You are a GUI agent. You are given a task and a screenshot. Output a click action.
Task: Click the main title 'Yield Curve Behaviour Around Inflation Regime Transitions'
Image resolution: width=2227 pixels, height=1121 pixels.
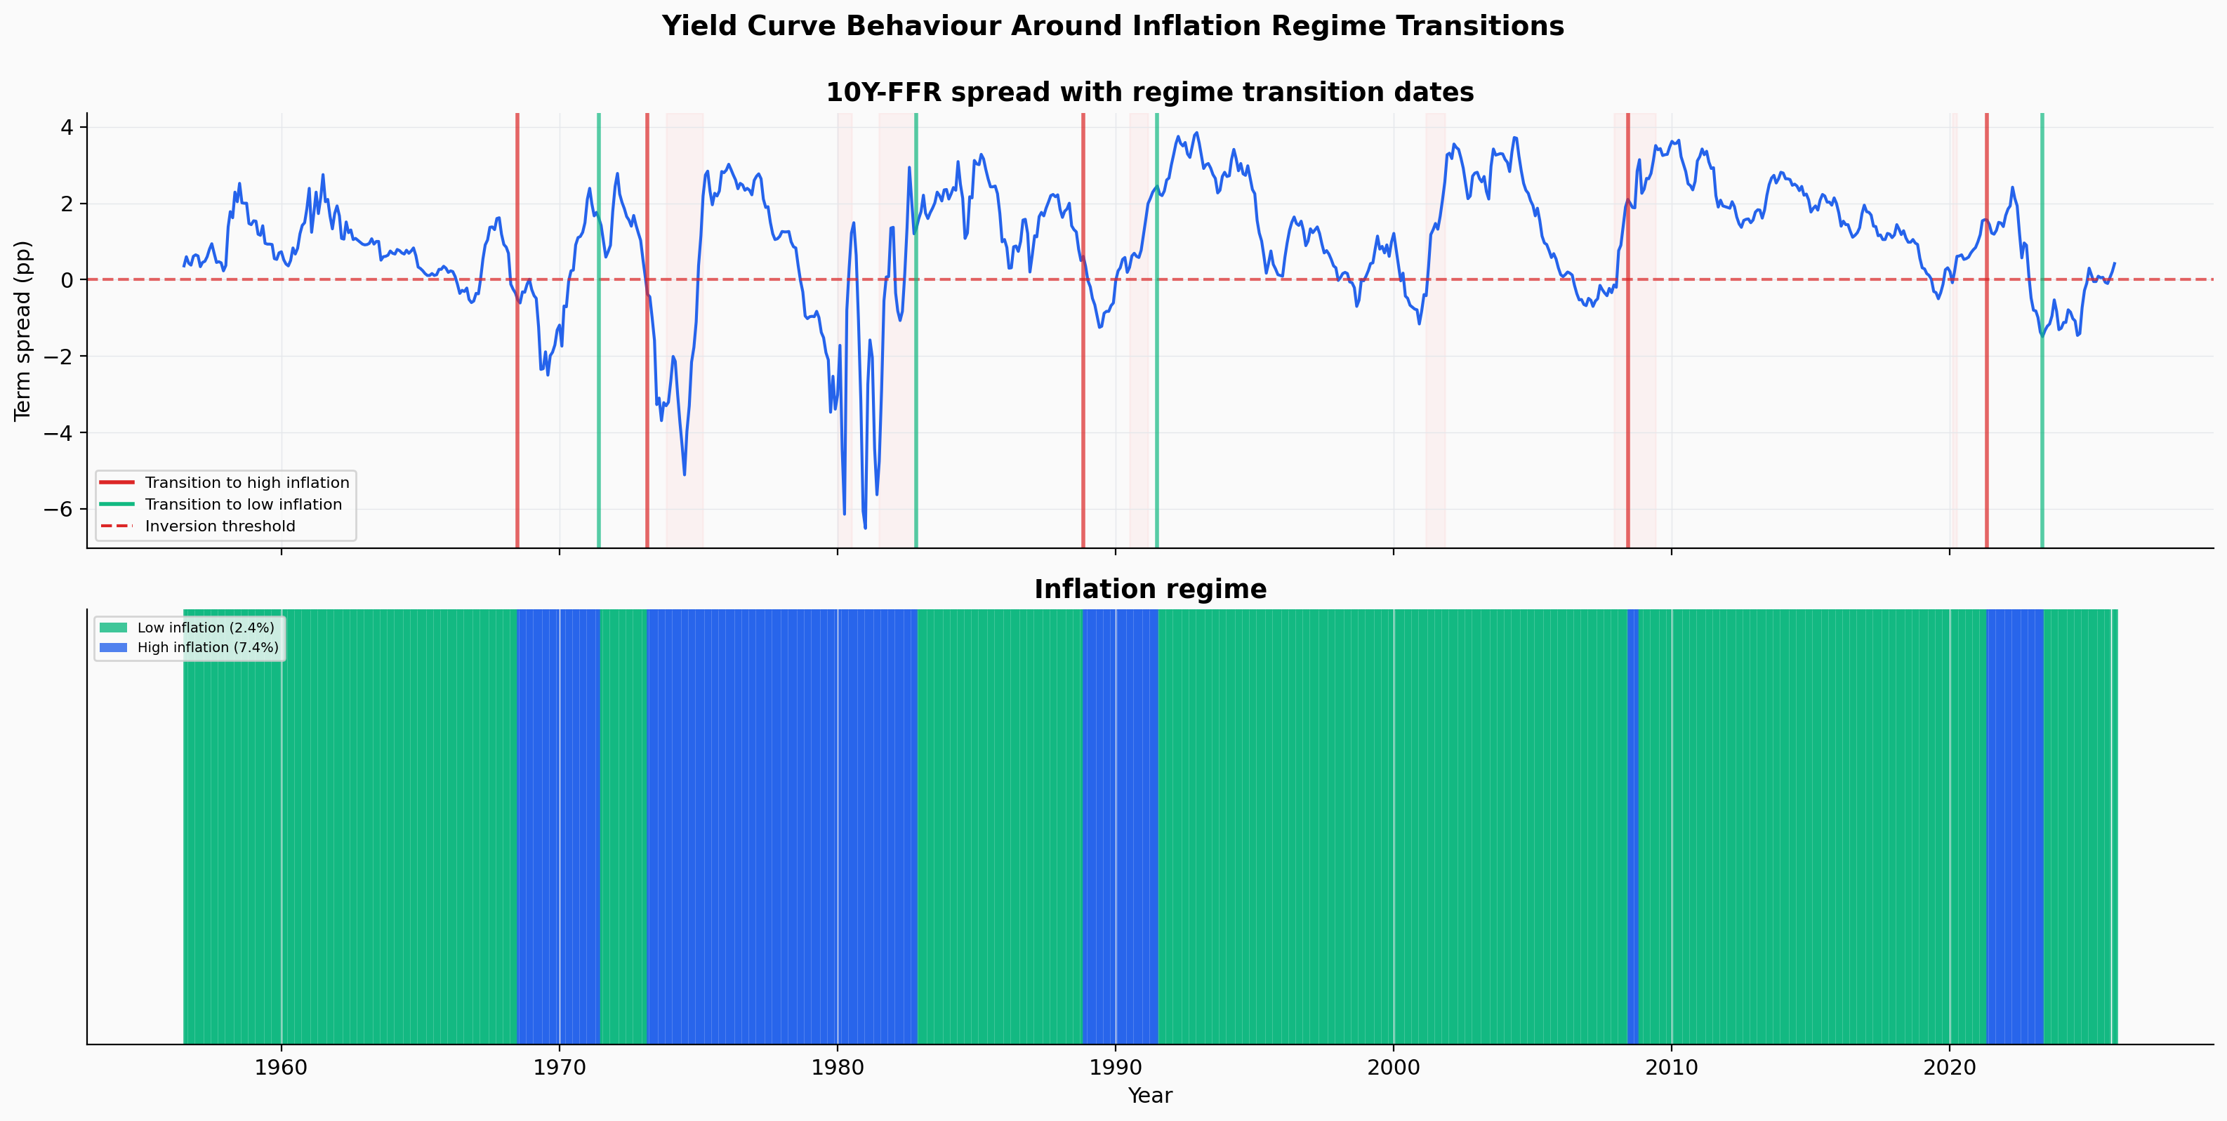1113,26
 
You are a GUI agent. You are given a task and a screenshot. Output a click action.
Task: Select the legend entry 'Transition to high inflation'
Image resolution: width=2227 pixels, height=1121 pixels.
246,482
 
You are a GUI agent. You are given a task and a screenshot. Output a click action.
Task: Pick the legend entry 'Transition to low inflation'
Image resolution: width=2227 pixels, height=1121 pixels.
243,505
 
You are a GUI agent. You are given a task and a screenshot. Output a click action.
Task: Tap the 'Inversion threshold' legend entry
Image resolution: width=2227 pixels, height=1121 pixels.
220,526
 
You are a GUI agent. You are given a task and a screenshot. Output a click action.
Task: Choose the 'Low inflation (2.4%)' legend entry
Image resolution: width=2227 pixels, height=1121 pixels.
205,628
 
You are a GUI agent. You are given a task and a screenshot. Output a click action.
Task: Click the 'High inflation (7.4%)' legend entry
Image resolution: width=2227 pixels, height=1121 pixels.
208,647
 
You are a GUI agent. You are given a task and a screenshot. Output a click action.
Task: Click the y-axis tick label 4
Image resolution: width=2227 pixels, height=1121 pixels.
66,127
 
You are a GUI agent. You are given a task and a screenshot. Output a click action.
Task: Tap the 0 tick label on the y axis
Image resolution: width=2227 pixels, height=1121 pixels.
66,280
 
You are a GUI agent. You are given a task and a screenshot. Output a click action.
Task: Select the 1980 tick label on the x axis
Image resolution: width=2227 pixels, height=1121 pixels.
837,1068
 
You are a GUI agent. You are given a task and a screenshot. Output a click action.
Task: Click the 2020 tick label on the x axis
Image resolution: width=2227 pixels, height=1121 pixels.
1949,1068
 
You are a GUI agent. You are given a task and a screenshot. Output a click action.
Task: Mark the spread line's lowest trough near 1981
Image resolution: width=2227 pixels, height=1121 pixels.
864,527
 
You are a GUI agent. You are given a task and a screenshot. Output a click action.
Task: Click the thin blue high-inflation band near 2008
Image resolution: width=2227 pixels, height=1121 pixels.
1632,825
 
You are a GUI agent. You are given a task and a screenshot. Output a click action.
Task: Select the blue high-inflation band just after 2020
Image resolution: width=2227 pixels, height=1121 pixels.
2014,825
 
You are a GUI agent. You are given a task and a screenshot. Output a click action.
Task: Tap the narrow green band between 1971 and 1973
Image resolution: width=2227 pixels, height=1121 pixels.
623,825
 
